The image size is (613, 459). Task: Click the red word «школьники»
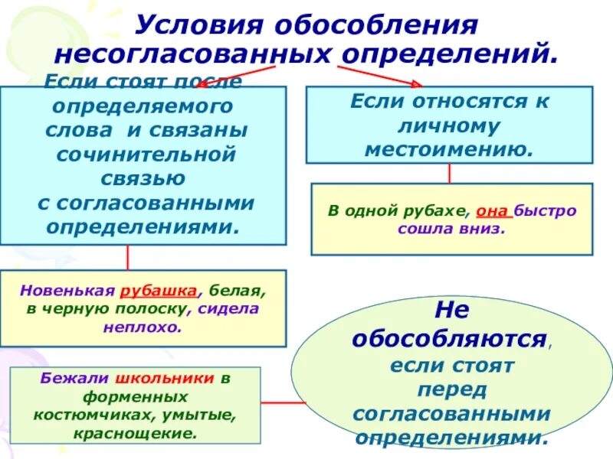tap(165, 379)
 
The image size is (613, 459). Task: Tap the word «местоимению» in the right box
tap(448, 148)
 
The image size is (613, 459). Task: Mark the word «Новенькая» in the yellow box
tap(67, 291)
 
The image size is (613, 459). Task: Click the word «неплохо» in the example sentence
tap(143, 327)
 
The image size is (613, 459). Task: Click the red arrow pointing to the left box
tap(218, 73)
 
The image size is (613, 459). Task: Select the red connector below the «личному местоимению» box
tap(449, 174)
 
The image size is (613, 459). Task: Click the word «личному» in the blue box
tap(449, 125)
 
